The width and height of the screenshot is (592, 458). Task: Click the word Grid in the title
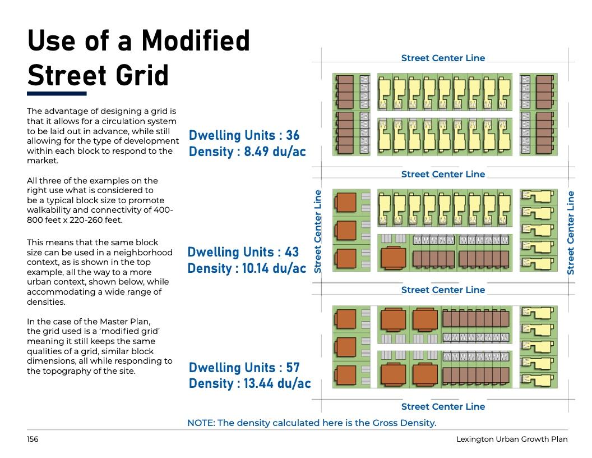tap(142, 75)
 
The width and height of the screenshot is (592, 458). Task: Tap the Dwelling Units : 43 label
tap(243, 252)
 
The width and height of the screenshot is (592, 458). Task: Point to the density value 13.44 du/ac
tap(277, 384)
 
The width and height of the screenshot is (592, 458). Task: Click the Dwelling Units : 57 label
tap(244, 368)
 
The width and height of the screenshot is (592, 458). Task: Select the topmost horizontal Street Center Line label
tap(443, 58)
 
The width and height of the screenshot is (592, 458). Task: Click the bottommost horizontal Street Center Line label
tap(443, 406)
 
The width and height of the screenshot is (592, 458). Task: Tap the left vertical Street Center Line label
tap(318, 231)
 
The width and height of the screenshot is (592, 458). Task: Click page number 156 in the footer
tap(33, 439)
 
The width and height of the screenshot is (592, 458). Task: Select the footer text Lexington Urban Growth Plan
tap(512, 439)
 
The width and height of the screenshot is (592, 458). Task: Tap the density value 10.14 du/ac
tap(275, 268)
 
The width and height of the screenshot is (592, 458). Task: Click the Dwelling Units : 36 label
tap(244, 136)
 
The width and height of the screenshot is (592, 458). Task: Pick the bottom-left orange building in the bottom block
tap(346, 375)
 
